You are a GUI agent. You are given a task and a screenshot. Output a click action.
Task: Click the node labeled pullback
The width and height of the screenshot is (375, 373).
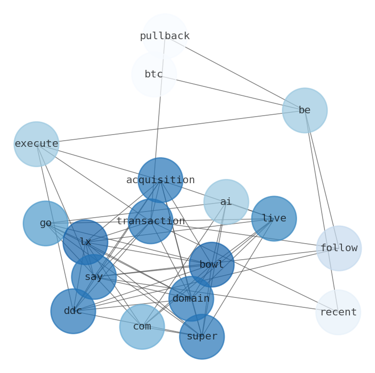(165, 36)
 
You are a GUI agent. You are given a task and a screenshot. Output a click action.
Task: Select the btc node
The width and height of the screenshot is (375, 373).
(154, 75)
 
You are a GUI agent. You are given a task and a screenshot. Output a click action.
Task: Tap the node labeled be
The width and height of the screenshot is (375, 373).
(305, 110)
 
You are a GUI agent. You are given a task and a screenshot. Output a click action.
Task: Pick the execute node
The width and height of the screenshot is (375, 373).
(36, 144)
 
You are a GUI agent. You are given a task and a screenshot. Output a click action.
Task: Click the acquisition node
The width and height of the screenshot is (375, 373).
(161, 180)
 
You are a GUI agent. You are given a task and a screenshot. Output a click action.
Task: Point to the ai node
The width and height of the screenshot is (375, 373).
(226, 202)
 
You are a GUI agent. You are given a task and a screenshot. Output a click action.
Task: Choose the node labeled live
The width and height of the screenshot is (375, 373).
(274, 219)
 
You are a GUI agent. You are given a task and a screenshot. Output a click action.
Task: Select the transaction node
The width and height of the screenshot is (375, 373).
(151, 221)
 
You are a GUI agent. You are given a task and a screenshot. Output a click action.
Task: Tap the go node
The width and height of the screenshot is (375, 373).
(45, 223)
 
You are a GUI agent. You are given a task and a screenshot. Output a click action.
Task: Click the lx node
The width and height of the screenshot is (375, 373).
(85, 242)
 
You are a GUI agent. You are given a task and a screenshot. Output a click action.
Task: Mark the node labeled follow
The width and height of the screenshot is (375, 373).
(339, 248)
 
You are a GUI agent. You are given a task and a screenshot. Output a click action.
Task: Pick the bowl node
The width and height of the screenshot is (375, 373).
(212, 264)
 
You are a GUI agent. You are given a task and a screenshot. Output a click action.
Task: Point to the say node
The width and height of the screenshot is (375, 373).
(94, 277)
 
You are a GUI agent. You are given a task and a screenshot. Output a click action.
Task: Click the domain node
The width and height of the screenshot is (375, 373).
(191, 298)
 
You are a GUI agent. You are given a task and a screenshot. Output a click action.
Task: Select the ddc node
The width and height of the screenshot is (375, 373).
(73, 311)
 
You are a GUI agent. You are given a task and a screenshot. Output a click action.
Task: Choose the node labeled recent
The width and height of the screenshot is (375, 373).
(338, 312)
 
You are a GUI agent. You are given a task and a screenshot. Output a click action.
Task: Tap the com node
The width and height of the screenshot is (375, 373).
(142, 327)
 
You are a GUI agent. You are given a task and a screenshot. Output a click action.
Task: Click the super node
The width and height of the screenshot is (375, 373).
(202, 337)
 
